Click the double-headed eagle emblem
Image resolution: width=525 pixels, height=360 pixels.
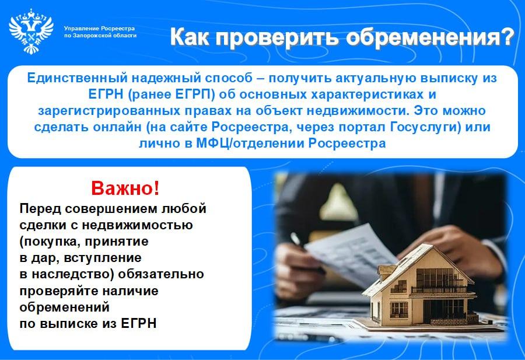point(31,31)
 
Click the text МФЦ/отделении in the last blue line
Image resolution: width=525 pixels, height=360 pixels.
point(250,144)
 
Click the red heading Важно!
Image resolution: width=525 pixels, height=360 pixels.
point(125,188)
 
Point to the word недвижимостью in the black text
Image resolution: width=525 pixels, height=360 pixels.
point(137,225)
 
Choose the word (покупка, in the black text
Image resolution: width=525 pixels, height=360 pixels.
point(50,242)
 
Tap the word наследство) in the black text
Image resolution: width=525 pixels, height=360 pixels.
point(73,274)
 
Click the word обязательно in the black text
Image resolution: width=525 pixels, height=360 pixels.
point(161,274)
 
